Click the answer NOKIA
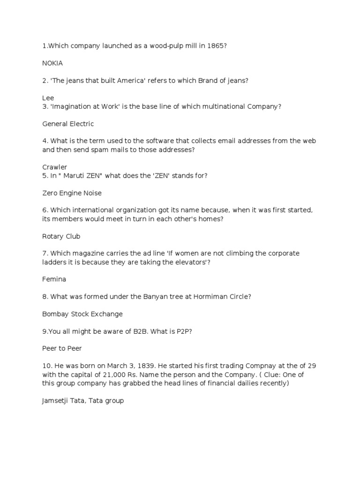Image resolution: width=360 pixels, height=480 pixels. tap(52, 63)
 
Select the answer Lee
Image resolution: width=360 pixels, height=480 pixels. tap(48, 98)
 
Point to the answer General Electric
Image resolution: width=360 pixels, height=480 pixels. tap(68, 124)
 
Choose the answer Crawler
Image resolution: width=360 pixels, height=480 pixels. tap(55, 167)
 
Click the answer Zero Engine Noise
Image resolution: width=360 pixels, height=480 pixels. tap(72, 193)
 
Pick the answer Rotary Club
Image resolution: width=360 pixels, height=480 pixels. tap(61, 236)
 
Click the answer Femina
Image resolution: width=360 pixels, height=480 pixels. tap(54, 279)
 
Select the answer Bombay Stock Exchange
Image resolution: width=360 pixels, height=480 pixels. tap(82, 314)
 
